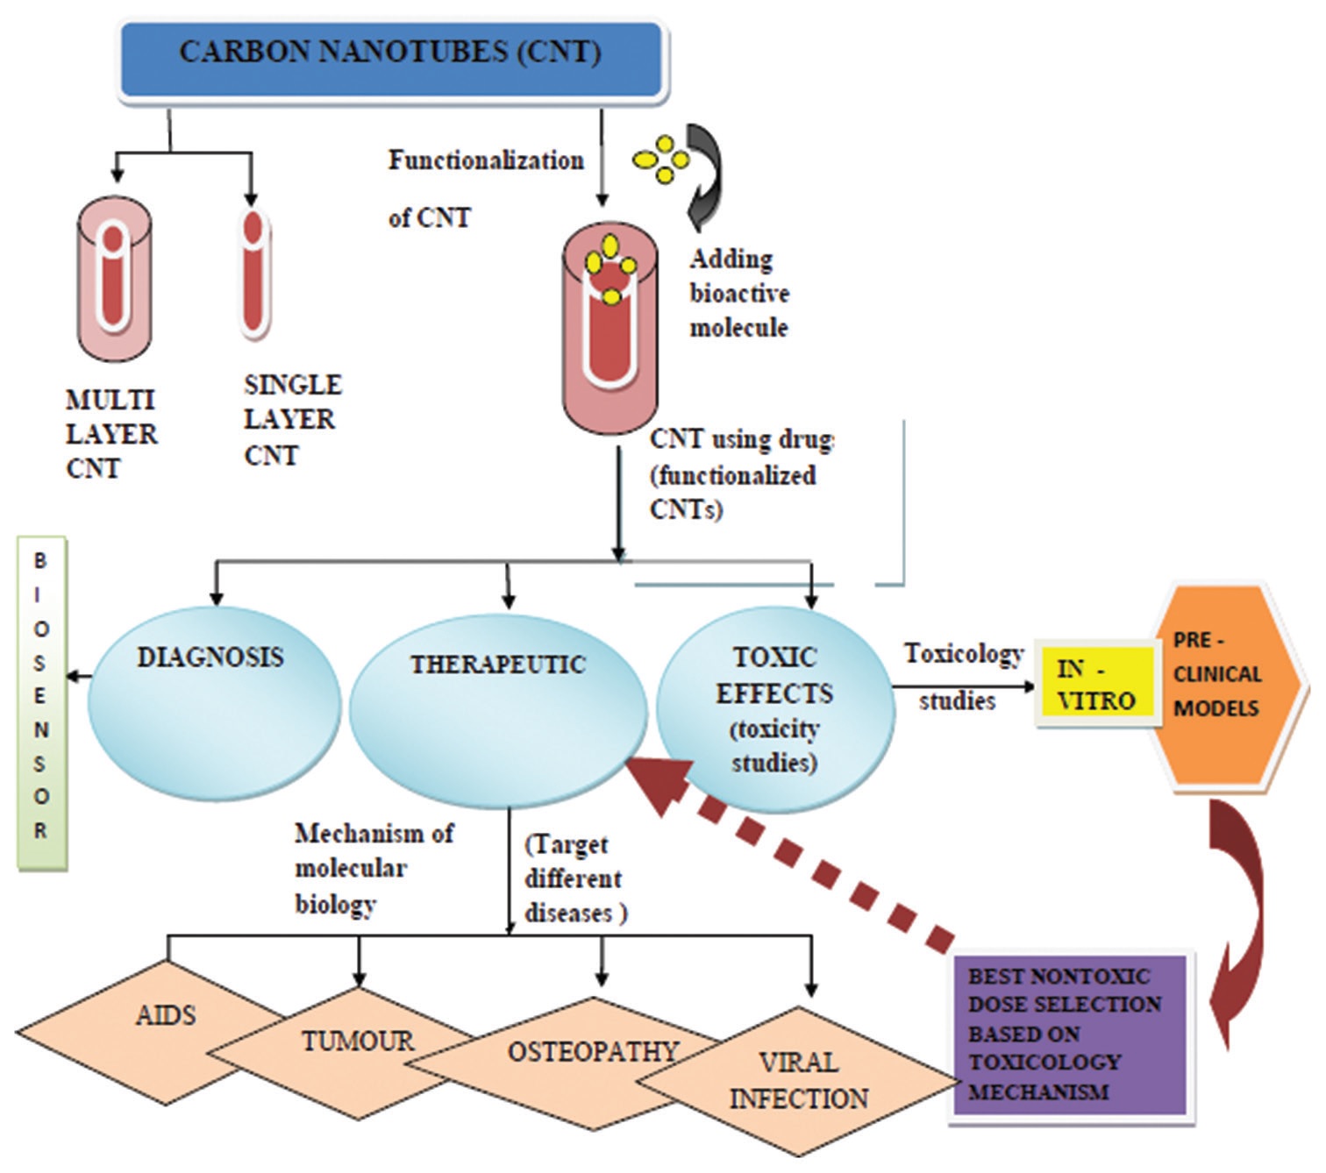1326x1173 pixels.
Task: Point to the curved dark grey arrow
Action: click(705, 175)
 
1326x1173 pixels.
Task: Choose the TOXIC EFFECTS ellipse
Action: click(775, 710)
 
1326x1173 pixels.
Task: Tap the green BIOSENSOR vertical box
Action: click(41, 702)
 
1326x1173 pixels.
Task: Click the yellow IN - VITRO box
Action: click(1095, 685)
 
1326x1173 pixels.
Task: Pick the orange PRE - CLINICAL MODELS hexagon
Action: click(1224, 684)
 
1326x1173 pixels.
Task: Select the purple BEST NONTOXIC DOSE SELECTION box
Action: click(1068, 1034)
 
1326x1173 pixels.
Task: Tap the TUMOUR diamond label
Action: click(358, 1041)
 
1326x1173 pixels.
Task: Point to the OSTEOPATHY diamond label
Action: click(593, 1051)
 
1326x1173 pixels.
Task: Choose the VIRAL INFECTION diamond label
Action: click(798, 1081)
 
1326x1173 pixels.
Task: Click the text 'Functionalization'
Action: click(486, 160)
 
